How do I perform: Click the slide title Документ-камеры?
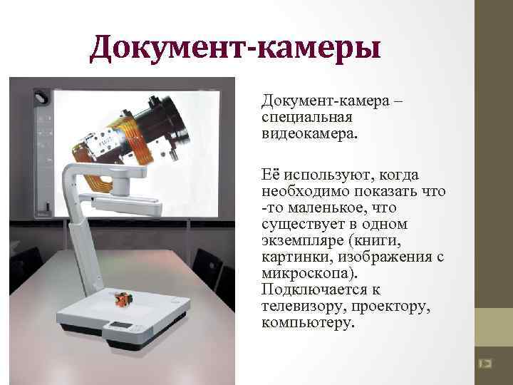click(x=236, y=48)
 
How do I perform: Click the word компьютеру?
click(x=308, y=322)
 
